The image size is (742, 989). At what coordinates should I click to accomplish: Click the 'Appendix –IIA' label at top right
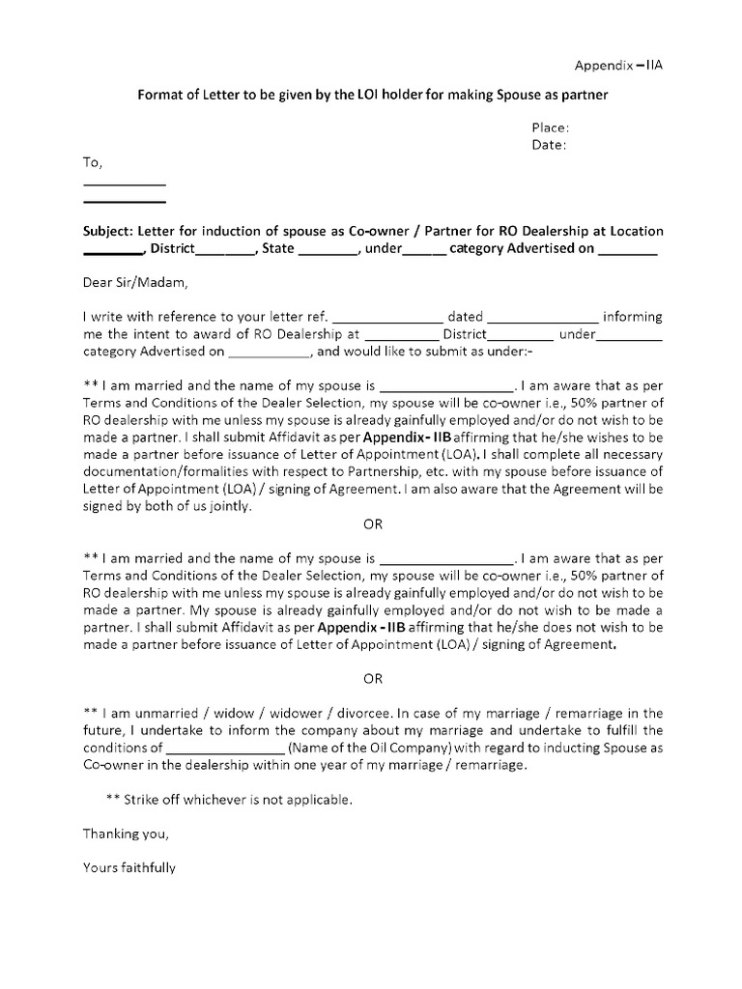pyautogui.click(x=618, y=66)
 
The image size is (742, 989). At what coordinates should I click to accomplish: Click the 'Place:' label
pyautogui.click(x=550, y=127)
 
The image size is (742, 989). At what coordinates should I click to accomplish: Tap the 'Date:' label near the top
pyautogui.click(x=549, y=145)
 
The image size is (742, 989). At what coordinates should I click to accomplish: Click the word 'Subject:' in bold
pyautogui.click(x=108, y=231)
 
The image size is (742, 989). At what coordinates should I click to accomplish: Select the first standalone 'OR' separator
pyautogui.click(x=373, y=524)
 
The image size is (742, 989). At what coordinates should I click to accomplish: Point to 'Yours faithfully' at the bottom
pyautogui.click(x=129, y=867)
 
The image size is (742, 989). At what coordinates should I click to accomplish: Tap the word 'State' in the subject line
pyautogui.click(x=277, y=248)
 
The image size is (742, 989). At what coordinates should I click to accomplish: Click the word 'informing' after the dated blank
pyautogui.click(x=633, y=317)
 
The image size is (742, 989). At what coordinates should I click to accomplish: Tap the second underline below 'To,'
pyautogui.click(x=125, y=202)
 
